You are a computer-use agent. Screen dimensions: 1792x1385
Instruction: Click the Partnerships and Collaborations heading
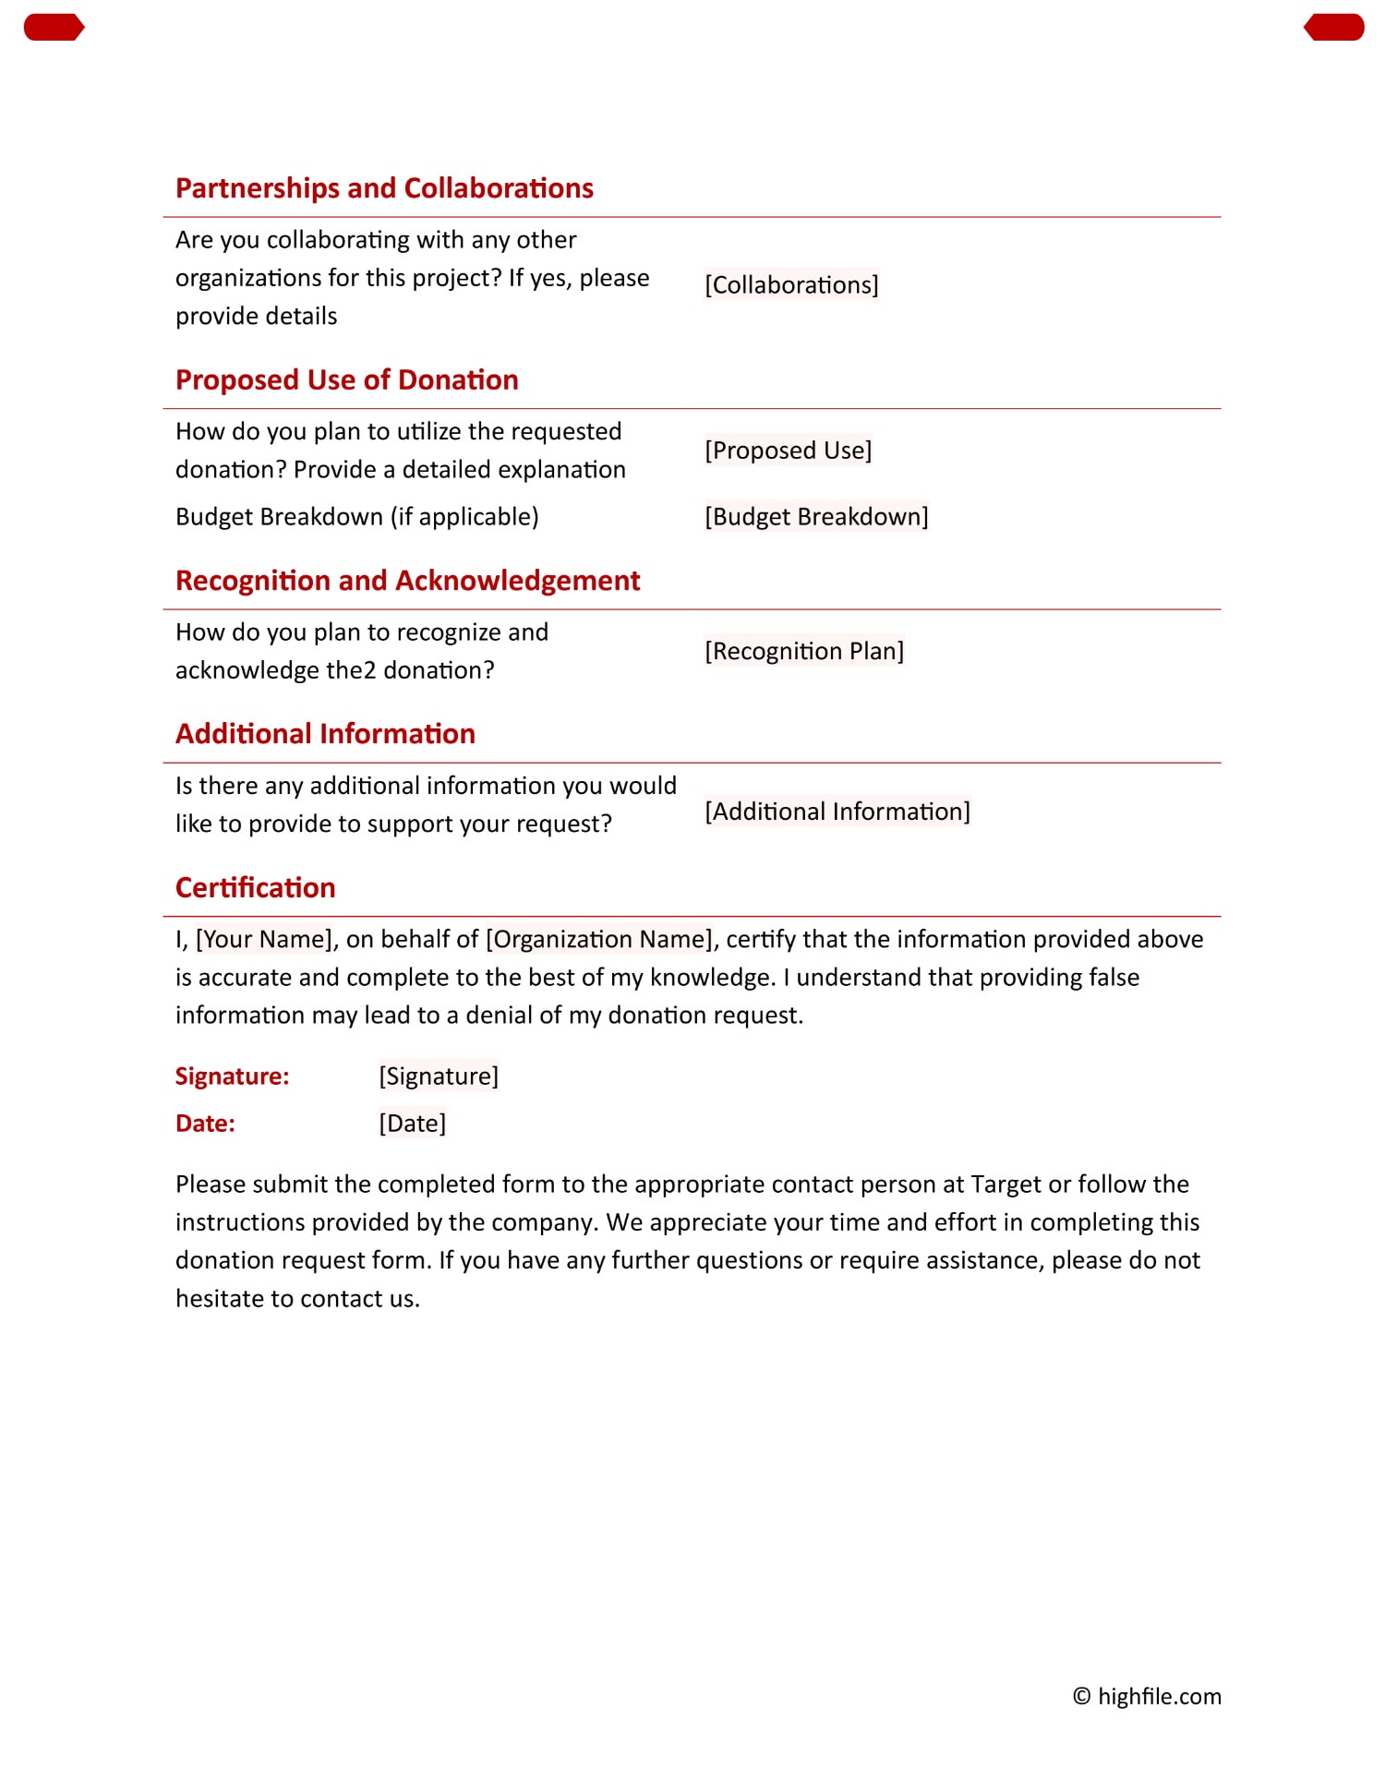(384, 188)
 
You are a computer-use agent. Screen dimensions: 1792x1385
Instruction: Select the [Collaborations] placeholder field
(791, 284)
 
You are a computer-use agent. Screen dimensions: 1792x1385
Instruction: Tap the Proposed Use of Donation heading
(346, 379)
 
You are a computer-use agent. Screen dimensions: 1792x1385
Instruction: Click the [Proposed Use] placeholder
(788, 451)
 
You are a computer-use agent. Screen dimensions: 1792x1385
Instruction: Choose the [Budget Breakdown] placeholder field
(816, 516)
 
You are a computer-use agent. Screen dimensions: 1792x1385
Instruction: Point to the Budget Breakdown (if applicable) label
(356, 516)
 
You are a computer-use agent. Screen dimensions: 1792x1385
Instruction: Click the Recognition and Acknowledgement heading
(407, 581)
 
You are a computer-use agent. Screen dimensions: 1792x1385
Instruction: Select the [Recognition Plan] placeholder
(804, 651)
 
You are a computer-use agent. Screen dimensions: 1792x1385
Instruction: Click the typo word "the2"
(352, 670)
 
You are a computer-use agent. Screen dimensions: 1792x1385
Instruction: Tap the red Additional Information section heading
(325, 734)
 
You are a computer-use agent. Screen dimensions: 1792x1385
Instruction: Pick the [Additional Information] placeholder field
(837, 812)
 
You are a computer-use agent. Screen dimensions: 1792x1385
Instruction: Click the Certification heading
(255, 887)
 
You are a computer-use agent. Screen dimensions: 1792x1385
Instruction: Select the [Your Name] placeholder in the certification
(263, 939)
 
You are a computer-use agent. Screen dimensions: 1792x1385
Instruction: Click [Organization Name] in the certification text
(599, 939)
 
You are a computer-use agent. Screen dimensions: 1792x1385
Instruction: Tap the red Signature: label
(232, 1076)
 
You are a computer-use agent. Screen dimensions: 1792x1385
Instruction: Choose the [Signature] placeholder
(439, 1076)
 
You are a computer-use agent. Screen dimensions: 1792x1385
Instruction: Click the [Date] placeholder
(412, 1124)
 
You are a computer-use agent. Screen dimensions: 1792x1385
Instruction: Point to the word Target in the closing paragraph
(1006, 1185)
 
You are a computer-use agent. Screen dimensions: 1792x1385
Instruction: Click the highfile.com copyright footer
(1147, 1697)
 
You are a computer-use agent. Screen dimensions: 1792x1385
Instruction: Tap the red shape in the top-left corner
(54, 28)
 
